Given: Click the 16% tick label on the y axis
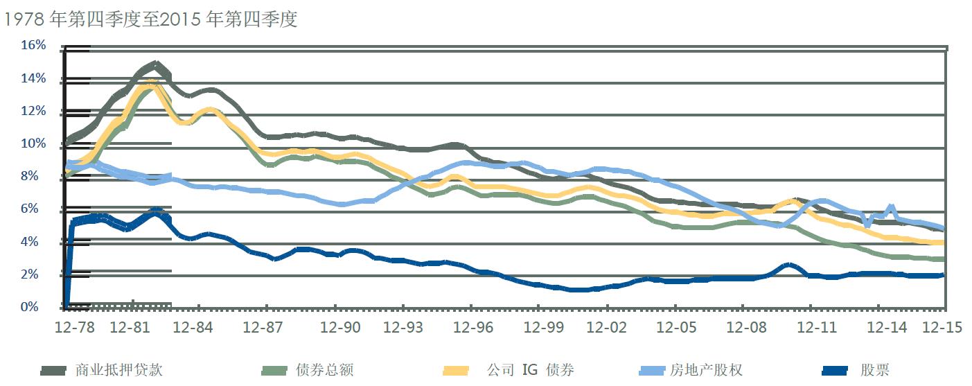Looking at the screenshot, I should (x=33, y=46).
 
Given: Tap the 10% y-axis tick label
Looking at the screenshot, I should (x=33, y=144).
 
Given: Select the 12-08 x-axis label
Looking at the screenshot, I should (x=743, y=328).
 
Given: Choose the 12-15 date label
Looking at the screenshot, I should (x=944, y=328).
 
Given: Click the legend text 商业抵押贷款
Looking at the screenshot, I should (x=118, y=370).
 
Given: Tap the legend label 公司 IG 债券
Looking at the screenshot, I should (x=530, y=370).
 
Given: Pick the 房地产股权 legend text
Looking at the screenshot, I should (x=707, y=370).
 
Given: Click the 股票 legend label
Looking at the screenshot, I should (x=875, y=370).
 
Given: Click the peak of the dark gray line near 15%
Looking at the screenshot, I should (x=155, y=65).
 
